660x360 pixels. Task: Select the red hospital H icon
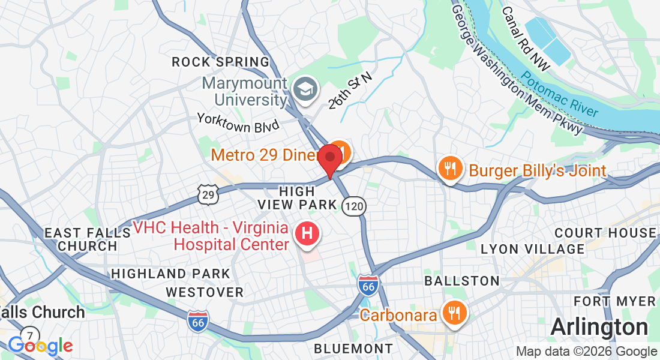tap(307, 234)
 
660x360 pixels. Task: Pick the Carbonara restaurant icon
tap(453, 313)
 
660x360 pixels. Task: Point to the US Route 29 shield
tap(208, 193)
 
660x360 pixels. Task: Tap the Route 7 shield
tap(29, 335)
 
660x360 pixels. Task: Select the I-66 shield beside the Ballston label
tap(368, 285)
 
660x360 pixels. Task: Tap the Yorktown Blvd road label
tap(238, 122)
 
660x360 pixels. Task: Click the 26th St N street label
tap(350, 91)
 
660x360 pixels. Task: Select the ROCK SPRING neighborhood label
tap(221, 62)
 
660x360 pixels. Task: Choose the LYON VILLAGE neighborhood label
tap(532, 248)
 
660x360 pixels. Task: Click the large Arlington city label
tap(599, 328)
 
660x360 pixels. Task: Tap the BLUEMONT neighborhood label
tap(353, 349)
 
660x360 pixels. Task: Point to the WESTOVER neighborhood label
tap(205, 292)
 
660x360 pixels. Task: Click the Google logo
tap(40, 346)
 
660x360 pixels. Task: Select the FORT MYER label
tap(614, 301)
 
